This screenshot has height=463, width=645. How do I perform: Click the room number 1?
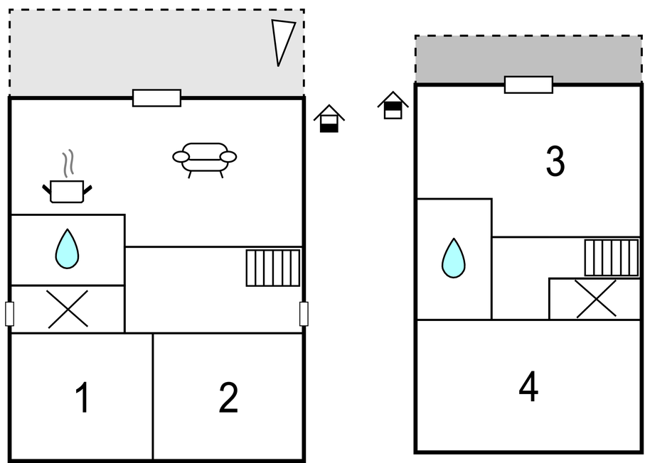(x=82, y=398)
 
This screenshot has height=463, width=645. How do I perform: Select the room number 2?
(x=228, y=398)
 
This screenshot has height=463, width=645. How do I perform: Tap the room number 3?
(x=555, y=162)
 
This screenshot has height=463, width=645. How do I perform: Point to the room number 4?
(x=528, y=388)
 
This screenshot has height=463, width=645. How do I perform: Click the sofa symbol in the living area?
(x=205, y=158)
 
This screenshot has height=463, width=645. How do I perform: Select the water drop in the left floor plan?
(x=67, y=249)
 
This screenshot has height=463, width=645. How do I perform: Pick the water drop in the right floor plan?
(x=453, y=258)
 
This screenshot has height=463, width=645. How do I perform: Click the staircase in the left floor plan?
(x=273, y=268)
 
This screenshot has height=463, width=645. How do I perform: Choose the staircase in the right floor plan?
(x=612, y=257)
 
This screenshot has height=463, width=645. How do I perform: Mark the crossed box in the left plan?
(x=68, y=309)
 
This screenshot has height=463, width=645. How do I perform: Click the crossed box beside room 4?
(x=595, y=299)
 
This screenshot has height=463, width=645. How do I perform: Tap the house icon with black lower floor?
(x=329, y=119)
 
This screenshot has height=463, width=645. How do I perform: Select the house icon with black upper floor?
(x=393, y=105)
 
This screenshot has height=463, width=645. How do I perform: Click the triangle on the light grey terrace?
(x=282, y=41)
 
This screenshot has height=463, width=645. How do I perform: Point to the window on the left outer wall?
(x=9, y=313)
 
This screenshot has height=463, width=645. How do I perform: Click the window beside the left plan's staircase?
(x=304, y=313)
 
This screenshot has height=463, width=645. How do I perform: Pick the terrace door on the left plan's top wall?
(x=156, y=98)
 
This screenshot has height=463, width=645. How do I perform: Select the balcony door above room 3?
(x=528, y=85)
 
